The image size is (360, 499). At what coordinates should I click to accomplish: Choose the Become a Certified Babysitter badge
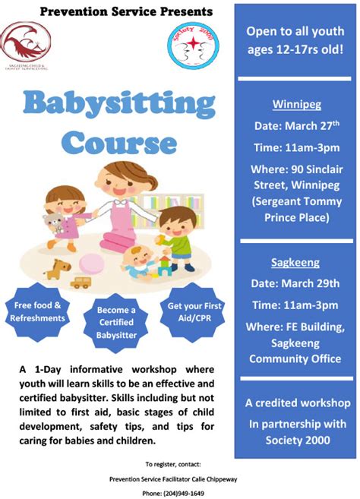[116, 323]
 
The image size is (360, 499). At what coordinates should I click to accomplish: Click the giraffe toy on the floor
[56, 268]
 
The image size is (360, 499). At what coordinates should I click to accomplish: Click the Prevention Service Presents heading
[126, 11]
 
